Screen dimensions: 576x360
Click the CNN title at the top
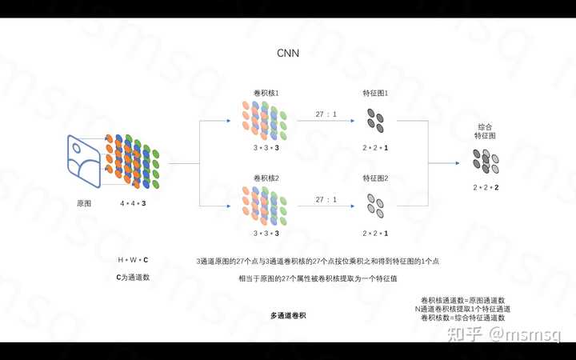tap(288, 54)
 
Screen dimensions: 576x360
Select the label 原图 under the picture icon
tap(83, 204)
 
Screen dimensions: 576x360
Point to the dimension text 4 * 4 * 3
tap(132, 204)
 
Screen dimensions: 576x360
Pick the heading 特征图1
tap(375, 94)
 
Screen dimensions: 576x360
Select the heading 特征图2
tap(375, 178)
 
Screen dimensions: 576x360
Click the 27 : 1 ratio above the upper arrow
tap(326, 114)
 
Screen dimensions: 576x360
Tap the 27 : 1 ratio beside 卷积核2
tap(326, 199)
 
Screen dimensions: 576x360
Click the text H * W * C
tap(133, 261)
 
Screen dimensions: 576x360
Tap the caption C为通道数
tap(133, 277)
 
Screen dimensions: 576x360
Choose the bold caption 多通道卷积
tap(288, 315)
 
